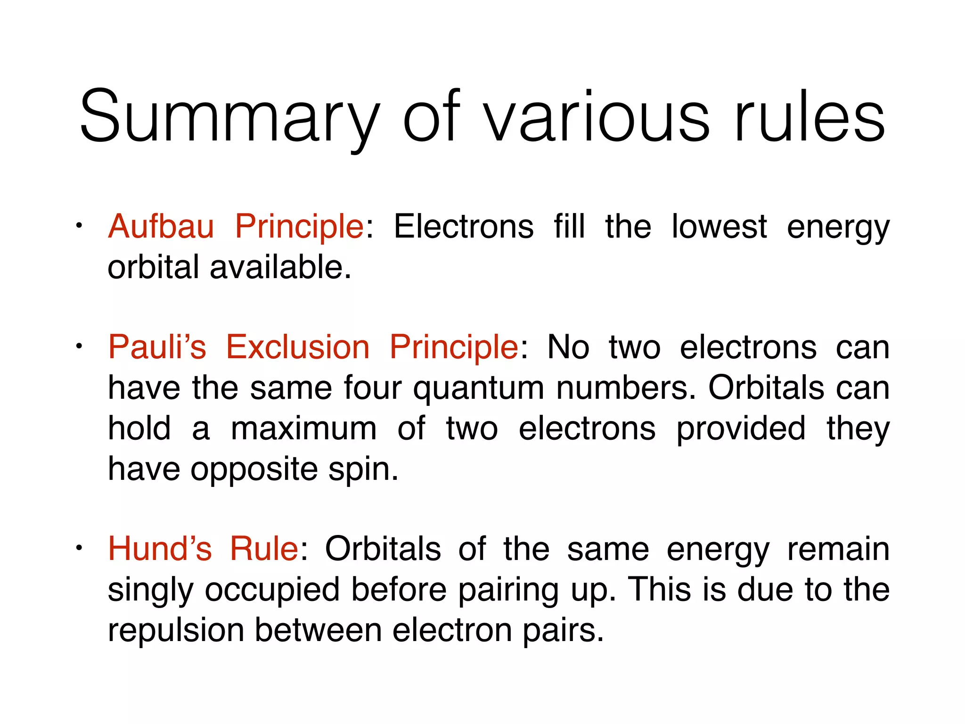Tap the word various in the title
(x=596, y=118)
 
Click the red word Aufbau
(x=161, y=227)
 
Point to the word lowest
(x=719, y=227)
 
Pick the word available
(x=280, y=267)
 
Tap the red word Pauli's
(x=157, y=347)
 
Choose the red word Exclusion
(x=298, y=347)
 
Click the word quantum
(x=478, y=389)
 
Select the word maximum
(x=304, y=429)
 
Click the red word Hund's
(x=160, y=549)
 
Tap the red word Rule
(x=264, y=549)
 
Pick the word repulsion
(x=176, y=631)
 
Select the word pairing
(x=508, y=591)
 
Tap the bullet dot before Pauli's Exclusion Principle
(x=80, y=346)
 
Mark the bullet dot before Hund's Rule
(x=80, y=548)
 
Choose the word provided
(x=741, y=429)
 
